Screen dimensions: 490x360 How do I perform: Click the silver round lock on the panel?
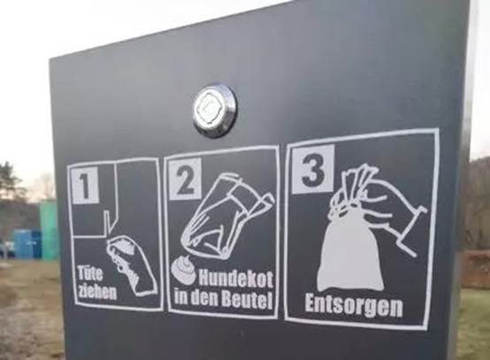point(215,110)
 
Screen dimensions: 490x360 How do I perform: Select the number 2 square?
point(185,179)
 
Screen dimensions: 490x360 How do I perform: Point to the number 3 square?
point(313,168)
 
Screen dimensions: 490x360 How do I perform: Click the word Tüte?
point(90,273)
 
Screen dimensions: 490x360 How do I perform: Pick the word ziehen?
point(97,291)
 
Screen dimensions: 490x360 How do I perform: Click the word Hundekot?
point(236,279)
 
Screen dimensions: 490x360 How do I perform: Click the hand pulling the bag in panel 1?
point(131,265)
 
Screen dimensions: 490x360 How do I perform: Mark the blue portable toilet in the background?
point(27,244)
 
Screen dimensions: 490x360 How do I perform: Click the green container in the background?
point(49,231)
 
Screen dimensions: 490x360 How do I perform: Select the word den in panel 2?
point(204,298)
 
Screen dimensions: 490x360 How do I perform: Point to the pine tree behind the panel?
point(10,181)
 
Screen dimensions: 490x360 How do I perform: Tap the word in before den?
point(181,297)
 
